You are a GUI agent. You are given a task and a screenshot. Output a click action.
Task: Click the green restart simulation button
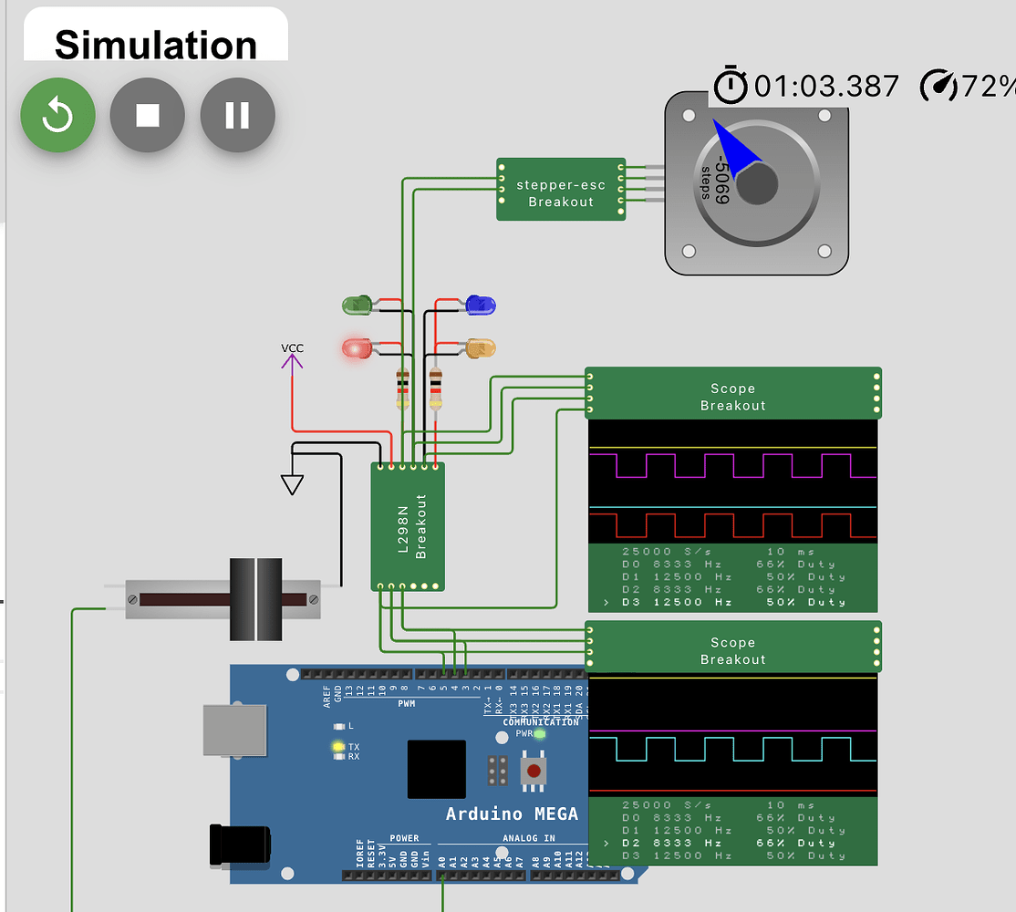(57, 115)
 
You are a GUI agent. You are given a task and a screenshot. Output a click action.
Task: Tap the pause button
(237, 115)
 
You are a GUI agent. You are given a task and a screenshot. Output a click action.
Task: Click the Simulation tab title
(156, 45)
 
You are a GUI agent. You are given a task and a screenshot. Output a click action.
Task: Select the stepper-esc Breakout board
(560, 189)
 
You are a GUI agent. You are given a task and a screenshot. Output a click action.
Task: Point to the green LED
(357, 305)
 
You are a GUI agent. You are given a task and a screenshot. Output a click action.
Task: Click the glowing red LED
(357, 347)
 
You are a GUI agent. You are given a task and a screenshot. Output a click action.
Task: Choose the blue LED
(480, 305)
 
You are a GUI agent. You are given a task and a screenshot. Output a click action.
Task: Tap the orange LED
(480, 347)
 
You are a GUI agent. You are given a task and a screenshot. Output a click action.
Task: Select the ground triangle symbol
(292, 483)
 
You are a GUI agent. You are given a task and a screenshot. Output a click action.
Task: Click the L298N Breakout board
(408, 526)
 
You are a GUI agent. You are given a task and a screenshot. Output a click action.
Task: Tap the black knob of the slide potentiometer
(256, 599)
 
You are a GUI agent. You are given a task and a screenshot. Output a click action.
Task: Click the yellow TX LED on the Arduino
(337, 747)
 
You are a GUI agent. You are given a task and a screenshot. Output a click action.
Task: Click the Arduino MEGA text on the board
(512, 814)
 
